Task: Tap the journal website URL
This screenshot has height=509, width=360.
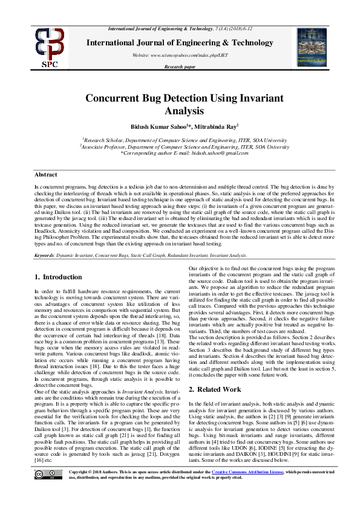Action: click(180, 55)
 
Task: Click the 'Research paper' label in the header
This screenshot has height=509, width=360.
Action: click(180, 67)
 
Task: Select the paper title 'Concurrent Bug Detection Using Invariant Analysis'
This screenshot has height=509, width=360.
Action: click(180, 104)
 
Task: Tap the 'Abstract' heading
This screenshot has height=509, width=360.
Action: click(45, 174)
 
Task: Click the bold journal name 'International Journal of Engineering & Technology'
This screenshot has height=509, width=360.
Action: click(180, 42)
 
